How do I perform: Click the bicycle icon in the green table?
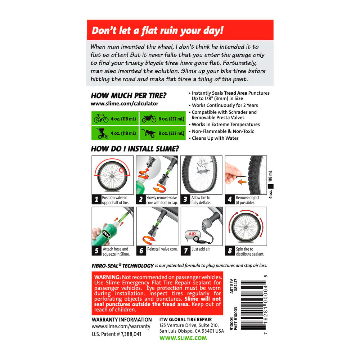pyautogui.click(x=101, y=118)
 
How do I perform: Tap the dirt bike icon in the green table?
pyautogui.click(x=149, y=118)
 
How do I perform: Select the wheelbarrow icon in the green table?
pyautogui.click(x=149, y=133)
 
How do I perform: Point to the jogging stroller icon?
pyautogui.click(x=102, y=134)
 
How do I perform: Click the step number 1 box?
pyautogui.click(x=96, y=199)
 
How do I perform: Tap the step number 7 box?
pyautogui.click(x=185, y=251)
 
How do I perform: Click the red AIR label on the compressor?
pyautogui.click(x=192, y=234)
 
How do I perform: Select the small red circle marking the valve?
pyautogui.click(x=121, y=170)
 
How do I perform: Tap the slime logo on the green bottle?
pyautogui.click(x=106, y=234)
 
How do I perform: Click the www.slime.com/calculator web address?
pyautogui.click(x=125, y=104)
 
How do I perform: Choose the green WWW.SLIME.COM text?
pyautogui.click(x=183, y=338)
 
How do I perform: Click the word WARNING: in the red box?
pyautogui.click(x=107, y=277)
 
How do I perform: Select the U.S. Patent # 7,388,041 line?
pyautogui.click(x=116, y=334)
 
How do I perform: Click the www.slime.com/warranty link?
pyautogui.click(x=121, y=326)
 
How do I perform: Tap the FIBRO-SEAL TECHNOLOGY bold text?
pyautogui.click(x=123, y=266)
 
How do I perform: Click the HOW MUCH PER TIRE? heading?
pyautogui.click(x=129, y=95)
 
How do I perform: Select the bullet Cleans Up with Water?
pyautogui.click(x=213, y=138)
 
